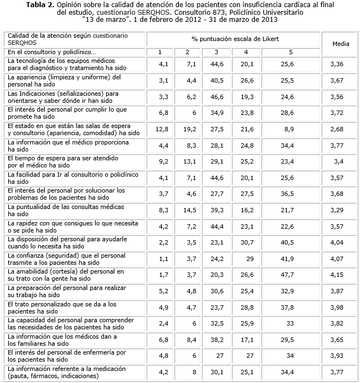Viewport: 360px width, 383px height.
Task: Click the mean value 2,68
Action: click(336, 129)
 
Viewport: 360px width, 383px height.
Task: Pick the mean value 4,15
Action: click(336, 275)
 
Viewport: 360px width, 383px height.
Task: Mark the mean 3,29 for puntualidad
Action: click(336, 210)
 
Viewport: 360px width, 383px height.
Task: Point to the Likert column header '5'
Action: click(291, 52)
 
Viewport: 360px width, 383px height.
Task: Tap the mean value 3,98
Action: click(336, 307)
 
